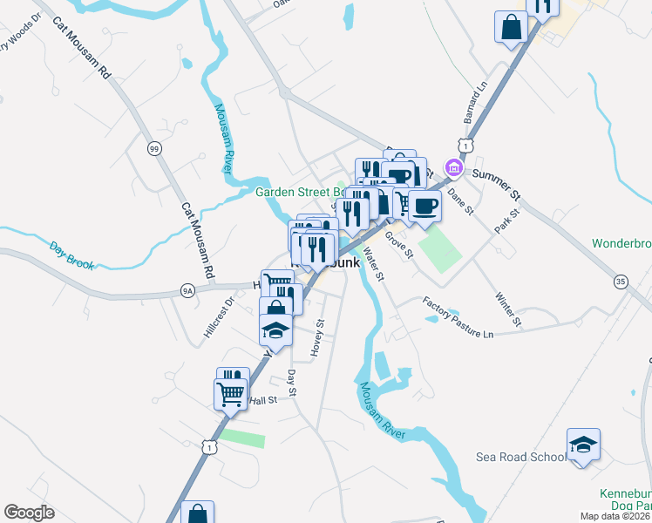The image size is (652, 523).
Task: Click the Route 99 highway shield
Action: click(x=154, y=149)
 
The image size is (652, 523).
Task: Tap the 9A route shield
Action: click(x=187, y=290)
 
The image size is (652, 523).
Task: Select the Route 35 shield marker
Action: click(x=620, y=282)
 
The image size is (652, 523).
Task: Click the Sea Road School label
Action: click(x=521, y=457)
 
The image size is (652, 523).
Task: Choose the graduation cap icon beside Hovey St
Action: click(x=276, y=330)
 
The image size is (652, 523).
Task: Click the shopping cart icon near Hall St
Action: click(x=230, y=393)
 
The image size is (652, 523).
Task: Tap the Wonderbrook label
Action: click(x=621, y=243)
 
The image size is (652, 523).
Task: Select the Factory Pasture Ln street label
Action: click(x=458, y=316)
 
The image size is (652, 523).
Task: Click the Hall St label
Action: click(x=262, y=400)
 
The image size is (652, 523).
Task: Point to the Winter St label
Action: click(x=508, y=309)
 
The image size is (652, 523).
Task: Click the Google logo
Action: click(x=29, y=513)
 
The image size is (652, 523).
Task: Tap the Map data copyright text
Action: click(x=615, y=516)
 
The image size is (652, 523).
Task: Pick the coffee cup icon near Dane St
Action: click(x=424, y=206)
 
